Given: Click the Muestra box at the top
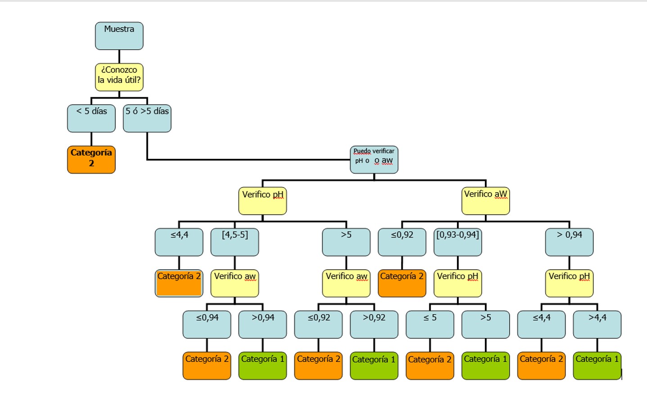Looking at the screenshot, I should coord(119,36).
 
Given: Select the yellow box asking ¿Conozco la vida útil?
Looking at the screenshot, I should coord(119,77).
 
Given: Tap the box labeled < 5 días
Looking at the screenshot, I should coord(91,118).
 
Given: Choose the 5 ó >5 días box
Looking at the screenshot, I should coord(147,118).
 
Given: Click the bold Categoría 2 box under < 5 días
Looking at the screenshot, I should coord(91,159).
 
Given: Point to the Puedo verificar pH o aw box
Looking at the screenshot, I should coord(374,159).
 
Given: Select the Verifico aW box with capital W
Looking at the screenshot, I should coord(485,201).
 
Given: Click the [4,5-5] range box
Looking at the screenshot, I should coord(235,242).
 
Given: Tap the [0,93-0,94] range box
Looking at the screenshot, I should coord(457,242).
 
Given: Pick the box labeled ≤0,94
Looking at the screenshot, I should coord(207,325).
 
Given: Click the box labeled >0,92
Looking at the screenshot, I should coord(374,325).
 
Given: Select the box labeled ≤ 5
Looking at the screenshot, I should coord(430,325).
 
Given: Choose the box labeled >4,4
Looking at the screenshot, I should coord(597,325).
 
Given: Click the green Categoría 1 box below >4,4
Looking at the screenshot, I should coord(597,365).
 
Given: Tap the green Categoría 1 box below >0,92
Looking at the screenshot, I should coord(374,365).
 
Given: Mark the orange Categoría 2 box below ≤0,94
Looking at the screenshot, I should coord(207,365).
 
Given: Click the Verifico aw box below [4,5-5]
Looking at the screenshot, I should coord(235,283).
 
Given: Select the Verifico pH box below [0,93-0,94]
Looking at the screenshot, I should coord(457,283).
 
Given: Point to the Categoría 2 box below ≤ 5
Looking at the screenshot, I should coord(430,365).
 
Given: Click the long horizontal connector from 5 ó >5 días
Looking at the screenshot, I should coord(248,159).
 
